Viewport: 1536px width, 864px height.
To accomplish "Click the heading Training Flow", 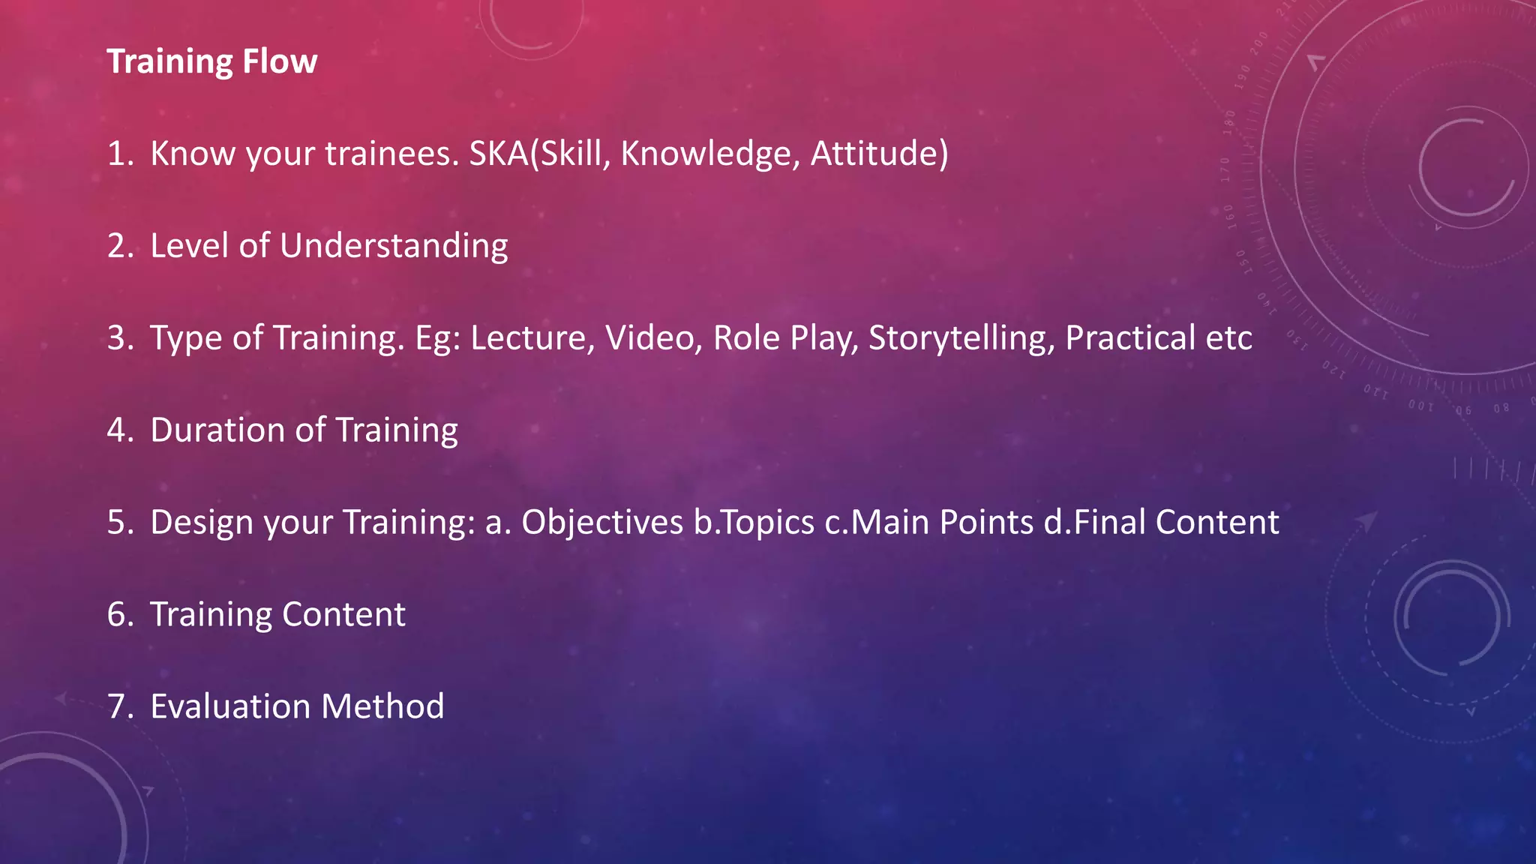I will tap(212, 61).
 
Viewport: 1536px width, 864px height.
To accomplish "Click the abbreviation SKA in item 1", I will tap(499, 154).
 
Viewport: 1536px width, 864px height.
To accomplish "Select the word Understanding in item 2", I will tap(394, 246).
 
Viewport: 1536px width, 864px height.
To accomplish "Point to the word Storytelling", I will tap(961, 338).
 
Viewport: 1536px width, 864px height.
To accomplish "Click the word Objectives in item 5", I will tap(602, 523).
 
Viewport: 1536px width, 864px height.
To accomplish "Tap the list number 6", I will tap(119, 615).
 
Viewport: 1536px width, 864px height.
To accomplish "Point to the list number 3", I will tap(119, 338).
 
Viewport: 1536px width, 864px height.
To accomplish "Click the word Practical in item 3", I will tap(1130, 338).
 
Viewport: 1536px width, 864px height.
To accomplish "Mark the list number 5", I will tap(119, 523).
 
